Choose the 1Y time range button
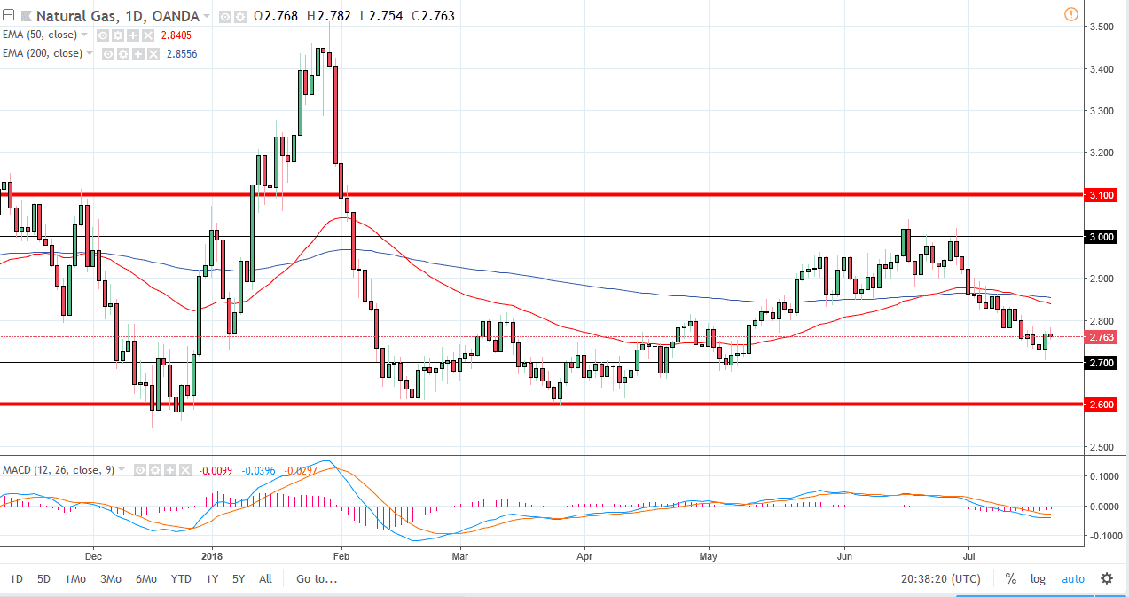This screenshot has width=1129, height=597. [212, 579]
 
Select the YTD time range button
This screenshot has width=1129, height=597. [181, 579]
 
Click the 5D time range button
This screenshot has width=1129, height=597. [43, 579]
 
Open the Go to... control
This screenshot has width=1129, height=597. [317, 579]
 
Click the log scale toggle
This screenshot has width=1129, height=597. [1038, 579]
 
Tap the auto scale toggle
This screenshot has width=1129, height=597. [1072, 579]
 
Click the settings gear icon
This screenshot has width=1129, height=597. [1107, 579]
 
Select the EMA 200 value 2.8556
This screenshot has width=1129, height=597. [182, 54]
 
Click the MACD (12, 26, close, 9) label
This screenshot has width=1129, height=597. [59, 469]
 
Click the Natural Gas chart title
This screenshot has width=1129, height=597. [74, 16]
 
